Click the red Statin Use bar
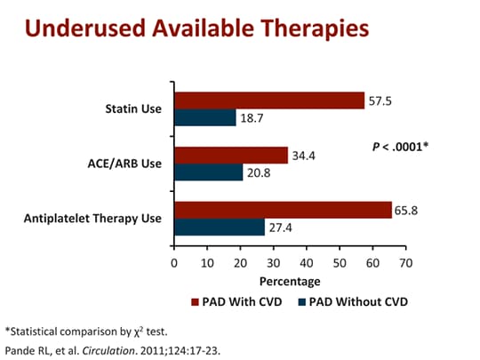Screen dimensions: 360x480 (x=269, y=100)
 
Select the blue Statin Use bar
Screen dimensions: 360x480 (x=205, y=117)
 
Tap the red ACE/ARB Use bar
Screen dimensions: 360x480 (x=231, y=155)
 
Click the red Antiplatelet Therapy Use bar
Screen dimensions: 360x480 (x=283, y=210)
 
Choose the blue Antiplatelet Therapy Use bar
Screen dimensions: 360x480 (x=220, y=228)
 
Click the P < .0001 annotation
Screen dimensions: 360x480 (x=399, y=145)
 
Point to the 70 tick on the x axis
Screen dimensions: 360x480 (x=405, y=263)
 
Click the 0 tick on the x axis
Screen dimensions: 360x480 (x=174, y=263)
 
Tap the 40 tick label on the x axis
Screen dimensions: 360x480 (x=307, y=263)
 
